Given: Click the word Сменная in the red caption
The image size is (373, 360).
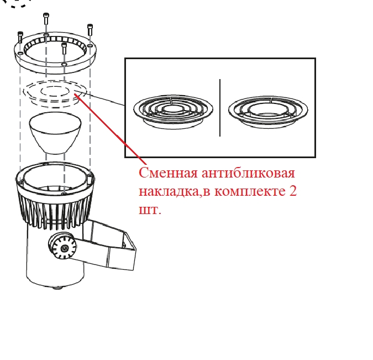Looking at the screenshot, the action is pyautogui.click(x=168, y=173).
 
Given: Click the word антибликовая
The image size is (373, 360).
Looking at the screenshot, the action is pyautogui.click(x=248, y=174).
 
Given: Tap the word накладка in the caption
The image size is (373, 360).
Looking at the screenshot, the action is pyautogui.click(x=169, y=191).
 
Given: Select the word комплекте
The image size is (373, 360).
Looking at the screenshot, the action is pyautogui.click(x=250, y=191).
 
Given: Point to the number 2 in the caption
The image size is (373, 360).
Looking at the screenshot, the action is pyautogui.click(x=293, y=191).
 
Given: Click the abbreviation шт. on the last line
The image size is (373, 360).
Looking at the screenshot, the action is pyautogui.click(x=150, y=210).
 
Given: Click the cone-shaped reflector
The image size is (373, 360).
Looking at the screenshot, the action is pyautogui.click(x=55, y=133).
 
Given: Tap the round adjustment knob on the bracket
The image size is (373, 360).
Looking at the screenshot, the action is pyautogui.click(x=62, y=246).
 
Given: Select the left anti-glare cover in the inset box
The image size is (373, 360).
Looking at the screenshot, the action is pyautogui.click(x=173, y=112).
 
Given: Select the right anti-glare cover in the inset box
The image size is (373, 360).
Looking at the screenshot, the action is pyautogui.click(x=268, y=112).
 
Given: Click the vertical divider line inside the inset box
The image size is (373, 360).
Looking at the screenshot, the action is pyautogui.click(x=220, y=108).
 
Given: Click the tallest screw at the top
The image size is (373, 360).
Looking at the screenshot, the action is pyautogui.click(x=46, y=19).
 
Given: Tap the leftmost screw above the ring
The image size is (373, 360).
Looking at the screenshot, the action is pyautogui.click(x=20, y=37).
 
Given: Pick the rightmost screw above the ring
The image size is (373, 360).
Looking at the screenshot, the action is pyautogui.click(x=90, y=29).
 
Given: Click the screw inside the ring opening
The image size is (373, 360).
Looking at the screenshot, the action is pyautogui.click(x=64, y=48).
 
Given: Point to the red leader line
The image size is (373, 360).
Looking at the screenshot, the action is pyautogui.click(x=111, y=129).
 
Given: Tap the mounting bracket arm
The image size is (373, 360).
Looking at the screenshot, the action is pyautogui.click(x=104, y=245).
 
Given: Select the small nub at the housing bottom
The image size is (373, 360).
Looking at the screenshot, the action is pyautogui.click(x=56, y=288).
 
